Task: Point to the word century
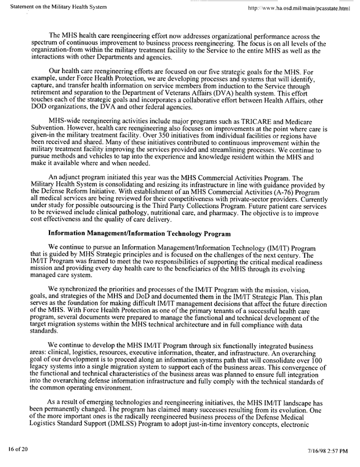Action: coord(278,256)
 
